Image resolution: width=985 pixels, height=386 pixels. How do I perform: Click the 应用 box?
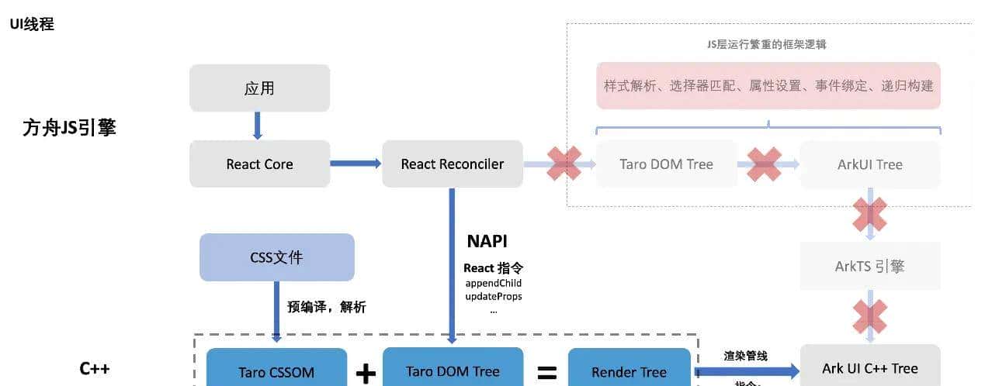click(259, 88)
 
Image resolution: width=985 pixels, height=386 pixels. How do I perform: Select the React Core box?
click(259, 164)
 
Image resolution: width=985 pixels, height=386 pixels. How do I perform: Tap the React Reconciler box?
click(452, 164)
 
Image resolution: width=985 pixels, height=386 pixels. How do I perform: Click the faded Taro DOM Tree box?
click(666, 164)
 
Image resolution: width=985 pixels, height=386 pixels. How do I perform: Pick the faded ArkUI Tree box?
click(869, 164)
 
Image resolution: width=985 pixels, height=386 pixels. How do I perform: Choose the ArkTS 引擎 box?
click(869, 266)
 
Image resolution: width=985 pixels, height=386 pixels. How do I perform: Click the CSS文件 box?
click(276, 257)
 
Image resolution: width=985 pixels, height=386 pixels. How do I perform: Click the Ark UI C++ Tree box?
click(869, 367)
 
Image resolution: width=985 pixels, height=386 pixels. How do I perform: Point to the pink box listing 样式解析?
click(768, 86)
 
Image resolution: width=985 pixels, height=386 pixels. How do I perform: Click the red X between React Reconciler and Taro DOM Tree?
click(564, 164)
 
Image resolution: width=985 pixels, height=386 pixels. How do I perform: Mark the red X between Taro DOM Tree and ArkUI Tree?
click(764, 164)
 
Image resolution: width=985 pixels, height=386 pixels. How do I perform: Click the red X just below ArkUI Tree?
click(869, 214)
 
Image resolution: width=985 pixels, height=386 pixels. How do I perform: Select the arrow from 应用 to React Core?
click(258, 126)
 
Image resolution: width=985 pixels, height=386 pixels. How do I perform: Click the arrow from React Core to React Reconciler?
click(356, 164)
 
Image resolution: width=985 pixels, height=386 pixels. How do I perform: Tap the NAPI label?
click(487, 240)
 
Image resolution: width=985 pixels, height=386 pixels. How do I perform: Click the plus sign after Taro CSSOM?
click(366, 374)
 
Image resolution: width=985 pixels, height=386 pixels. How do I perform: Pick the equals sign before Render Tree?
click(547, 374)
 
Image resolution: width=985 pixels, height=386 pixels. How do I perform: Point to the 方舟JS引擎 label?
click(69, 128)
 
